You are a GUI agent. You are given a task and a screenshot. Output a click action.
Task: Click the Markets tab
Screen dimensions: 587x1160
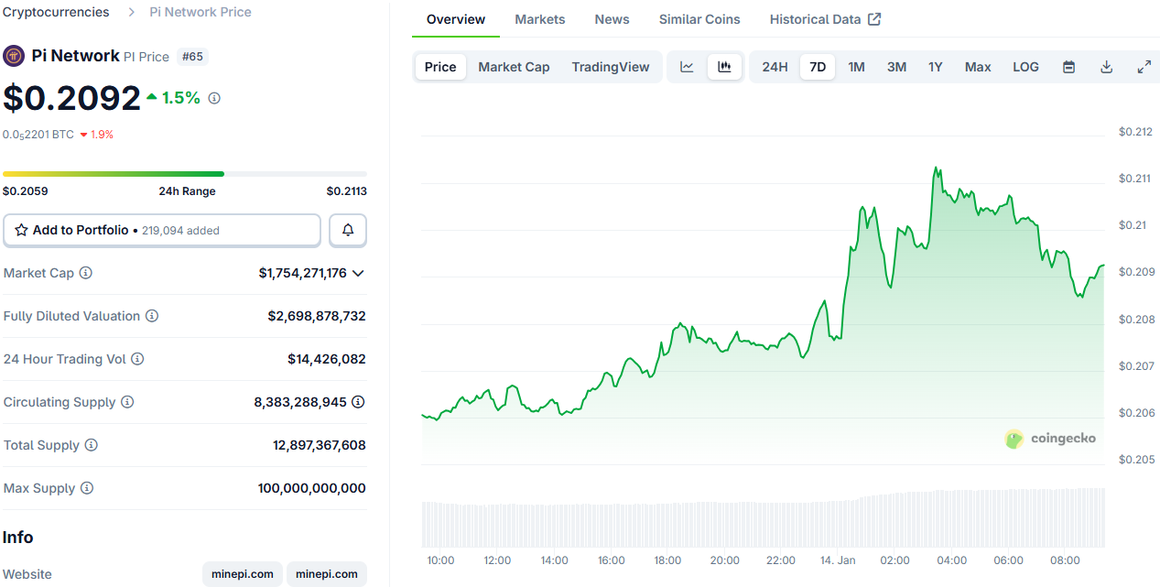(x=539, y=19)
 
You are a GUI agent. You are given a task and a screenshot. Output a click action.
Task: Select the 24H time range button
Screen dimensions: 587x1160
(x=775, y=67)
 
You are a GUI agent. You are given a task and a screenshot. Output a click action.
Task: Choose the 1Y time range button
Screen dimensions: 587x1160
(x=935, y=67)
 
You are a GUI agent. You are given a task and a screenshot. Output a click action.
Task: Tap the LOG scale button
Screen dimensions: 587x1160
(x=1025, y=67)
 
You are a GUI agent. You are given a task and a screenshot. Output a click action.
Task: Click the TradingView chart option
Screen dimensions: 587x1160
(x=610, y=67)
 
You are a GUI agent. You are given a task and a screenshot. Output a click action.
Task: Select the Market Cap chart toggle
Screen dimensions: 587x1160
(x=514, y=67)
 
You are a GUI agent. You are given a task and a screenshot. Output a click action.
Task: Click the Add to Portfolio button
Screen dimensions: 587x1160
(x=162, y=231)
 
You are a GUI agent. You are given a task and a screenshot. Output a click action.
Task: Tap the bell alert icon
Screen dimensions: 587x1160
(x=348, y=231)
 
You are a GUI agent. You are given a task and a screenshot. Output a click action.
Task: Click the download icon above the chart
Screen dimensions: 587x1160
(x=1106, y=67)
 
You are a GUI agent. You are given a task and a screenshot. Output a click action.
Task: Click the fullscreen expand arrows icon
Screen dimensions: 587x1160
(x=1144, y=67)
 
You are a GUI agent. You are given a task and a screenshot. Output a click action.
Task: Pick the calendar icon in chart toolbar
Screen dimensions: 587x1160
(x=1068, y=67)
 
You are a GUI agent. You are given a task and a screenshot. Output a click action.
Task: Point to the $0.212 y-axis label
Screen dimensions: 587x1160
(x=1135, y=132)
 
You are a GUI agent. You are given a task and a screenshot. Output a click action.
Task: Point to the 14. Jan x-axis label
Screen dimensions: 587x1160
(x=838, y=560)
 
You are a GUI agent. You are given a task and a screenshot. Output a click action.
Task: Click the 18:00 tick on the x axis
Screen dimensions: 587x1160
(x=667, y=560)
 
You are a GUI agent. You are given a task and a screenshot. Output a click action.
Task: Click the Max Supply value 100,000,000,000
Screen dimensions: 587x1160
(x=311, y=488)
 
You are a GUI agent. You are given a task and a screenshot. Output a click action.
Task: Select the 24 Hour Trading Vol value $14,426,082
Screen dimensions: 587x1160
(x=326, y=359)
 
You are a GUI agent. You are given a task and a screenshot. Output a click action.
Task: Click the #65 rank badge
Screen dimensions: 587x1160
(x=192, y=57)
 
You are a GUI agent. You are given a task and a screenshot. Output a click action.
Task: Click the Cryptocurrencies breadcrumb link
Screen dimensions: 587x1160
(x=56, y=12)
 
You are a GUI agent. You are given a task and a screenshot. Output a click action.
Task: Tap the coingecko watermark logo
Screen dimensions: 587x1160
(x=1050, y=439)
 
